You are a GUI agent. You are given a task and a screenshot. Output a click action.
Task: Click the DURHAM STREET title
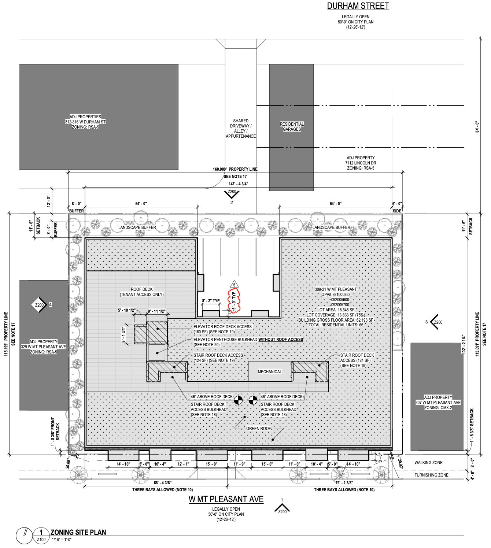pyautogui.click(x=358, y=6)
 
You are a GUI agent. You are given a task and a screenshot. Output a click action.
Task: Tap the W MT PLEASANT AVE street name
pyautogui.click(x=226, y=499)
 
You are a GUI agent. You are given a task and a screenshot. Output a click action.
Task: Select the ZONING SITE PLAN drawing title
pyautogui.click(x=78, y=532)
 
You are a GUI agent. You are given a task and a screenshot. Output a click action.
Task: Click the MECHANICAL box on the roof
pyautogui.click(x=270, y=371)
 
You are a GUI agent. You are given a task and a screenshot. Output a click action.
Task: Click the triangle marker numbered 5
pyautogui.click(x=234, y=284)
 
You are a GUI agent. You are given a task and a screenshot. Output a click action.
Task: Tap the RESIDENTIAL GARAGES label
pyautogui.click(x=292, y=127)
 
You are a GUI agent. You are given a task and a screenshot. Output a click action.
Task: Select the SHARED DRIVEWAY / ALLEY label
pyautogui.click(x=241, y=128)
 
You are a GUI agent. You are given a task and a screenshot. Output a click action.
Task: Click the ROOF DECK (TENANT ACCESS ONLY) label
pyautogui.click(x=142, y=292)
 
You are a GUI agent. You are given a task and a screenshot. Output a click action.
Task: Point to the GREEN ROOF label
pyautogui.click(x=259, y=428)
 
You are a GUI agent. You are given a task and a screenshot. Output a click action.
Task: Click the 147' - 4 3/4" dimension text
pyautogui.click(x=238, y=184)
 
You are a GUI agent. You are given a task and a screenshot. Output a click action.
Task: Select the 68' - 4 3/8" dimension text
pyautogui.click(x=162, y=483)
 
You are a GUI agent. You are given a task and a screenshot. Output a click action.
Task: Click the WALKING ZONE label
pyautogui.click(x=428, y=463)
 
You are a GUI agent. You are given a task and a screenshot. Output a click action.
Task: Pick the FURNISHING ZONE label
pyautogui.click(x=431, y=475)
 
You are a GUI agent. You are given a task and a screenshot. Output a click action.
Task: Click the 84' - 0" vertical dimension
pyautogui.click(x=477, y=127)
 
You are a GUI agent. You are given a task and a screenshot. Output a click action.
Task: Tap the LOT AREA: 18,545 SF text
pyautogui.click(x=336, y=310)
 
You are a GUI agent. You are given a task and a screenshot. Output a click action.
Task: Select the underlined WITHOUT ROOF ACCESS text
pyautogui.click(x=281, y=340)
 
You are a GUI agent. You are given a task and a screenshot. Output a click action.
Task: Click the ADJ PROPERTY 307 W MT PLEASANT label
pyautogui.click(x=438, y=402)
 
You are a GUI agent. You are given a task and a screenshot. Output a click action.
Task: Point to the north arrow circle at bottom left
pyautogui.click(x=24, y=536)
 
